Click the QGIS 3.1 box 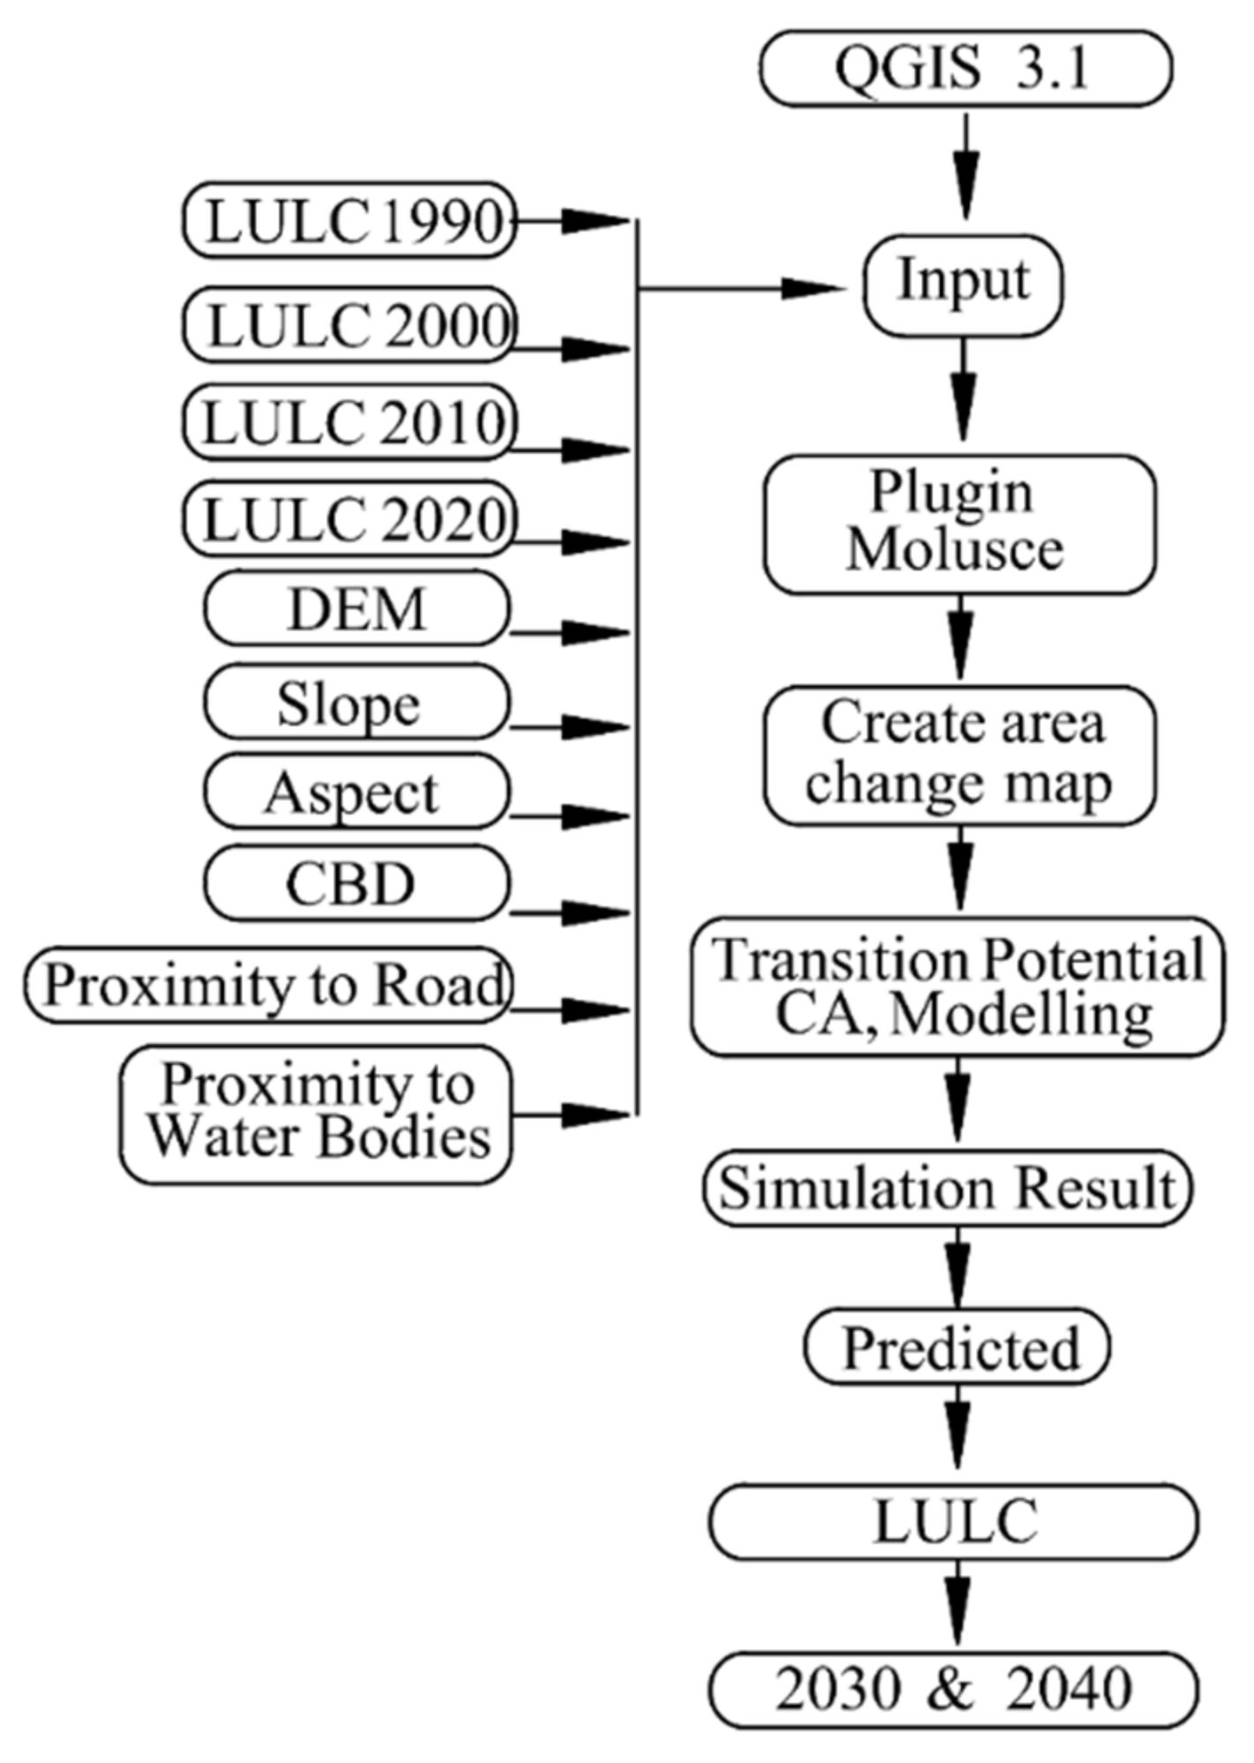(965, 68)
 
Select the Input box (963, 284)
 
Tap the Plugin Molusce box (959, 524)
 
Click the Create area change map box (959, 755)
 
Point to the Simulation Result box (948, 1188)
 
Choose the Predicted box (956, 1348)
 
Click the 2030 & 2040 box (954, 1690)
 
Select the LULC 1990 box (349, 220)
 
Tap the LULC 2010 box (349, 422)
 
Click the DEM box (357, 608)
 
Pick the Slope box (357, 702)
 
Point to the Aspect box (357, 791)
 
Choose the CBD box (357, 882)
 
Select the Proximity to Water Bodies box (316, 1113)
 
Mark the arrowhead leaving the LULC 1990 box (593, 221)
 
